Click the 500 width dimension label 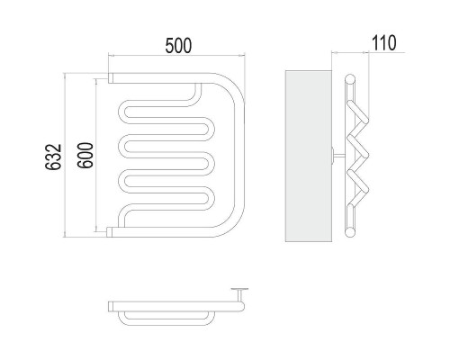[x=178, y=46]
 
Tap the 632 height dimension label [x=53, y=157]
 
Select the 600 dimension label [x=85, y=155]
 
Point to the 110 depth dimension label [x=384, y=43]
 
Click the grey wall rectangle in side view [x=309, y=156]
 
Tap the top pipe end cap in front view [x=111, y=78]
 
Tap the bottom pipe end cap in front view [x=110, y=232]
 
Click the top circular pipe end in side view [x=350, y=79]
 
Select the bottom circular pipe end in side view [x=350, y=232]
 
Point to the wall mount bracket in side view [x=337, y=156]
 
